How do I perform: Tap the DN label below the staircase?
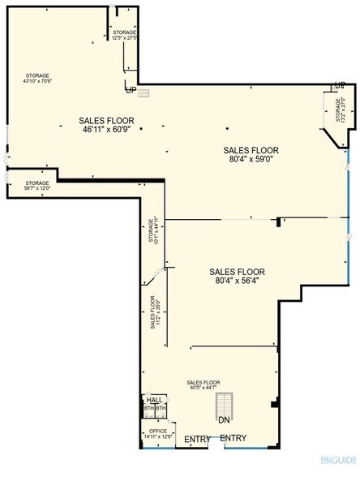pos(225,420)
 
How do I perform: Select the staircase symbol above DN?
pos(225,404)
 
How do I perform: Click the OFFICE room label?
pos(158,431)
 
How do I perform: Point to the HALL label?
pos(154,400)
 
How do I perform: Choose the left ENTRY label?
pos(197,439)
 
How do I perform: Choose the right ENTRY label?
pos(234,438)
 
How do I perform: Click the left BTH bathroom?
pos(148,409)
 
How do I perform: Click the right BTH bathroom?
pos(160,409)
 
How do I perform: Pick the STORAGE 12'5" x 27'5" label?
pos(125,36)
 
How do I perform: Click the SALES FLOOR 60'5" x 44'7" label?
pos(203,385)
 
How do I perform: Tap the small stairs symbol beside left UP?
pos(144,92)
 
